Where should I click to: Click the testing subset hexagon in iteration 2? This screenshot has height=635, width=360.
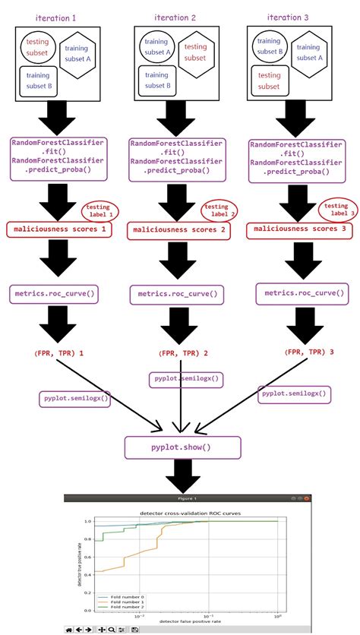(x=195, y=52)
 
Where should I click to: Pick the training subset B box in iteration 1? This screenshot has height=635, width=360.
(x=39, y=81)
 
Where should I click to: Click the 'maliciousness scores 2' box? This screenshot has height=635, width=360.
(x=179, y=229)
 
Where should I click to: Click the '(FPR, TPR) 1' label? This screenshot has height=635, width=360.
(x=58, y=353)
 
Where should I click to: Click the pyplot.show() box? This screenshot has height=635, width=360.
(x=179, y=447)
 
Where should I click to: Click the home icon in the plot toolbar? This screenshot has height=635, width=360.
(x=70, y=630)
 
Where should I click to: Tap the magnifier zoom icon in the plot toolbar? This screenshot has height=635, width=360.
(x=111, y=630)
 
